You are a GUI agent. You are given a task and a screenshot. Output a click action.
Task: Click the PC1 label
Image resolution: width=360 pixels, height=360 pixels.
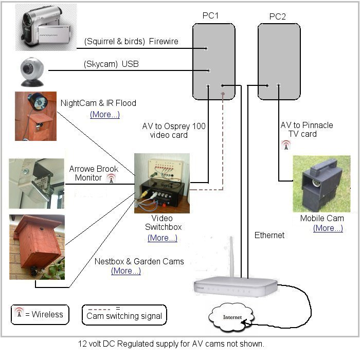tap(211, 15)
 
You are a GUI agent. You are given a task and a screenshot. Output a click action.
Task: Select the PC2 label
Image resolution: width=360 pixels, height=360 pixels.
tap(278, 17)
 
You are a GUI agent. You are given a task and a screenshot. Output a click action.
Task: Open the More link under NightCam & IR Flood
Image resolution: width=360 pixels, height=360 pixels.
tap(105, 114)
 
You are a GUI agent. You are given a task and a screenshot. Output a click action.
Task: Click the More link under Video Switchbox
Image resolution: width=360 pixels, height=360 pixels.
tap(163, 238)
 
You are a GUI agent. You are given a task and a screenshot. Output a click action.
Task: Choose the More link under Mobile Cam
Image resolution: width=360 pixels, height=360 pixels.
tap(328, 228)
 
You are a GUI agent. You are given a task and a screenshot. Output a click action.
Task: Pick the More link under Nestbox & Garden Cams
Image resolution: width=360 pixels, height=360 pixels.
tap(126, 271)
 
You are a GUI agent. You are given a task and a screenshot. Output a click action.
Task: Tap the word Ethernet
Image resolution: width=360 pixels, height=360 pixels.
tap(269, 235)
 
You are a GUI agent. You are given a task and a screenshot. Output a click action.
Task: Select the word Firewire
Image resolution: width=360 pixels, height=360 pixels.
tap(164, 42)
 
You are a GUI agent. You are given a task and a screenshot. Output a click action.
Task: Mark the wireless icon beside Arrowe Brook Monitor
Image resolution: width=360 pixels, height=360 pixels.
tap(111, 178)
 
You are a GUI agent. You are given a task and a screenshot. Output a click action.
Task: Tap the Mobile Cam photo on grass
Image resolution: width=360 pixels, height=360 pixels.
tap(321, 184)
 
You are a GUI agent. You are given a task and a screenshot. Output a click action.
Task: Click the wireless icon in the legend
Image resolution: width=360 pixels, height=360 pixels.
tap(19, 313)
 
